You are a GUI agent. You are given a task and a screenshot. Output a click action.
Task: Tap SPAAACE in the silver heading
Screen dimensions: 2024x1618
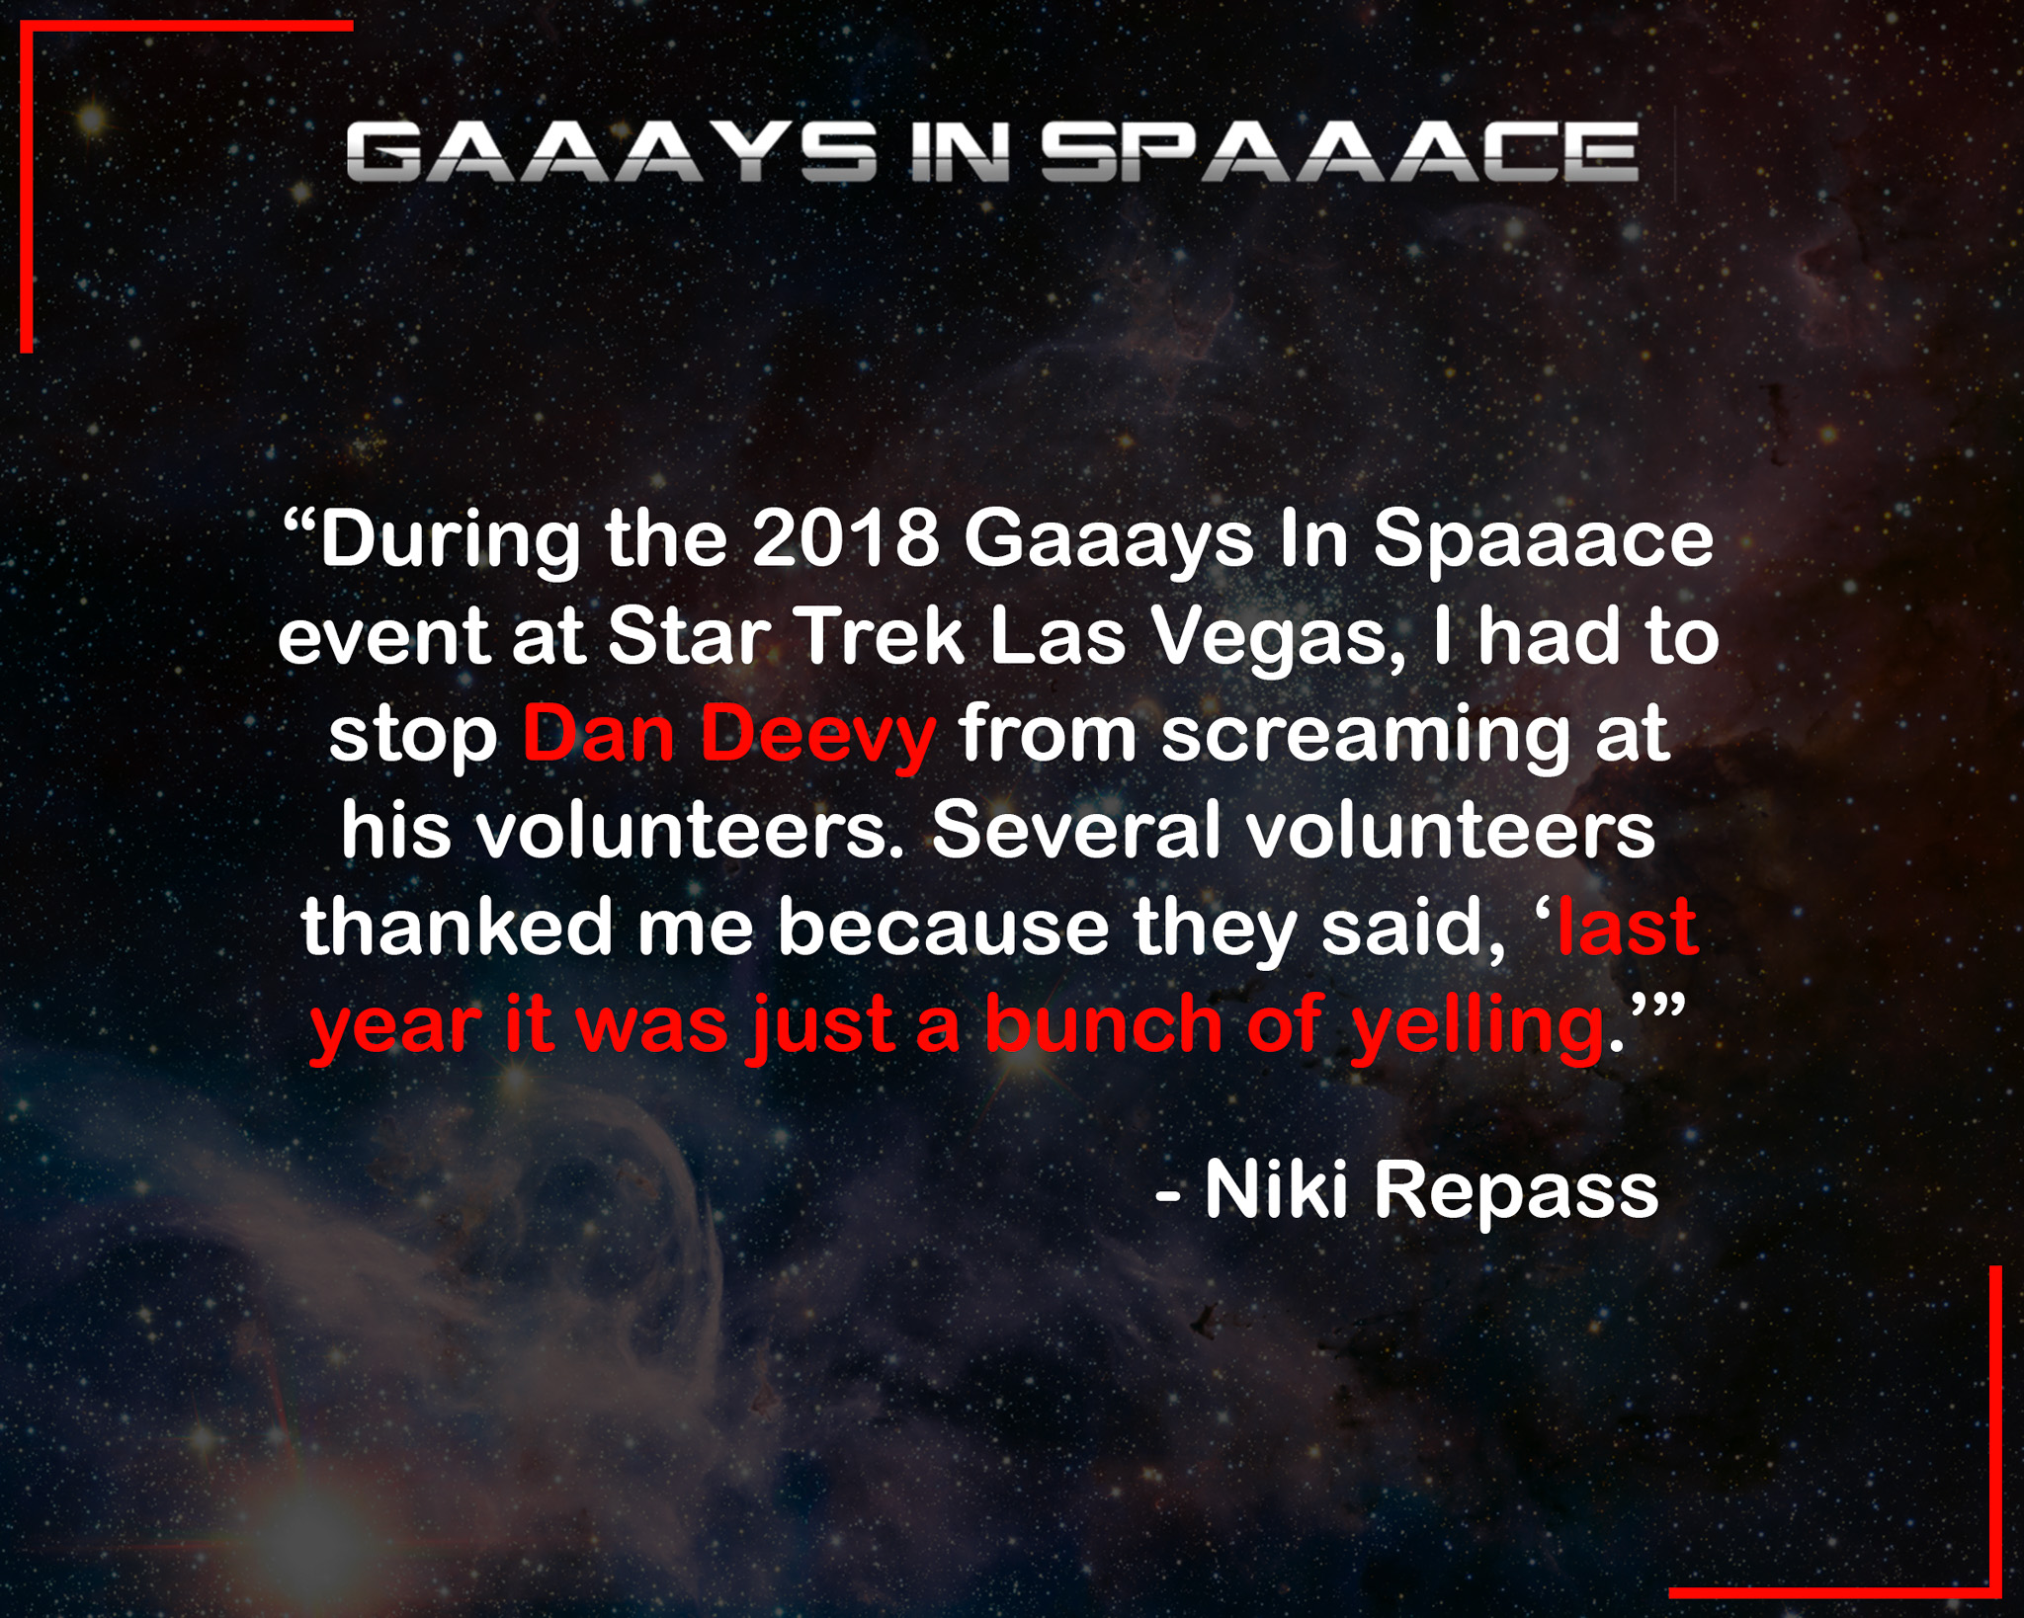click(x=1340, y=152)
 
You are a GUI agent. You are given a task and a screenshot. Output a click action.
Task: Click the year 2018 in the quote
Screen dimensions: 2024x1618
click(x=845, y=540)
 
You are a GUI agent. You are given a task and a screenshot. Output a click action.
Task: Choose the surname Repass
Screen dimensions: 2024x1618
click(x=1516, y=1194)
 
